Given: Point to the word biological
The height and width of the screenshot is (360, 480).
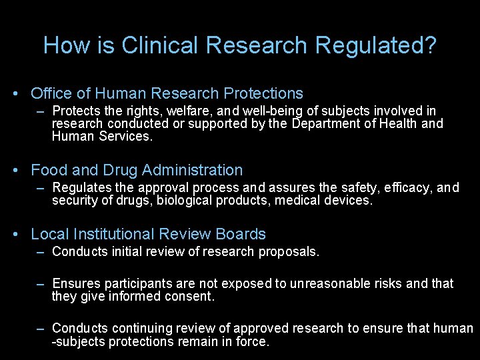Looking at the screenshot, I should click(187, 200).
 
